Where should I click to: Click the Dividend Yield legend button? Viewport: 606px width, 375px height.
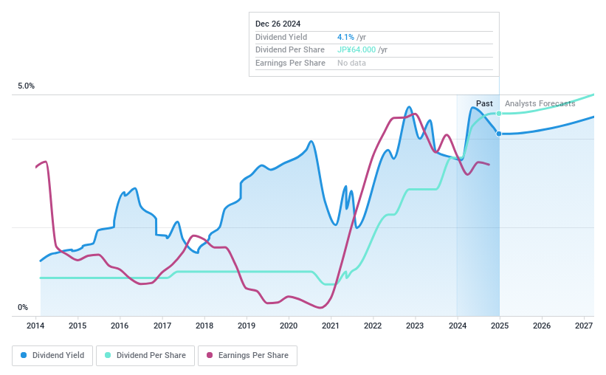[x=52, y=356]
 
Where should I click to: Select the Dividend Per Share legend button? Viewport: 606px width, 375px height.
[x=145, y=356]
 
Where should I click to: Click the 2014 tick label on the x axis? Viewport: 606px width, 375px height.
[x=36, y=326]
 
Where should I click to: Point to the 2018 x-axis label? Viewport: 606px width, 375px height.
[x=204, y=326]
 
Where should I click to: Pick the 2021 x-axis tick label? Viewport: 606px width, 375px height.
[x=331, y=326]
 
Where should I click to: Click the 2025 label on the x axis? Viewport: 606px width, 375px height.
[x=500, y=326]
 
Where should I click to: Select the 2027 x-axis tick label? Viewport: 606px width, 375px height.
[x=584, y=326]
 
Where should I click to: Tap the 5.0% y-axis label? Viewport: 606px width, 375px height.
[x=27, y=86]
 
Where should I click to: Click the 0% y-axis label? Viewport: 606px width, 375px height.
[x=23, y=308]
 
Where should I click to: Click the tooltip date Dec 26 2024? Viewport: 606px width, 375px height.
[x=278, y=24]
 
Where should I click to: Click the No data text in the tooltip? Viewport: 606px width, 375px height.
[x=351, y=63]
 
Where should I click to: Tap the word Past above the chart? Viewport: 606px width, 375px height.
[x=484, y=103]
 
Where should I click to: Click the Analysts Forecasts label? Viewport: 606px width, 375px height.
[x=540, y=103]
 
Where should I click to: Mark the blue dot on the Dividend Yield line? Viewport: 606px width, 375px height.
[x=500, y=134]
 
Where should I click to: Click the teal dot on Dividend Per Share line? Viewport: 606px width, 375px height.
[x=500, y=114]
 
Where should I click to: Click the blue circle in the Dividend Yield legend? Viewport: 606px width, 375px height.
[x=24, y=356]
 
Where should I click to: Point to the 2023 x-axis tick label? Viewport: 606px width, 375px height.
[x=415, y=326]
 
